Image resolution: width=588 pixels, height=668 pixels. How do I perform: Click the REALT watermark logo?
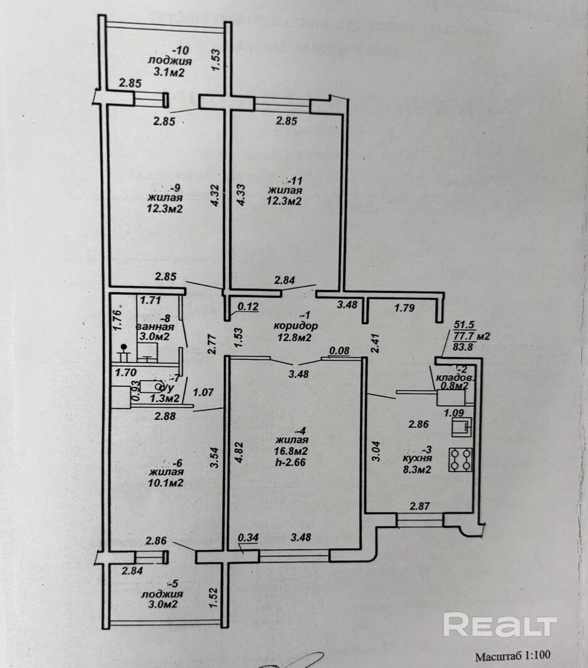[500, 625]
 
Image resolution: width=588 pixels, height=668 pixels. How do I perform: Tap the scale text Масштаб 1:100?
[512, 656]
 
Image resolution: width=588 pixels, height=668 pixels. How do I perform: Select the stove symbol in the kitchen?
[460, 460]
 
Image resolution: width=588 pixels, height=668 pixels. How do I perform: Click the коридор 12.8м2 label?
[296, 332]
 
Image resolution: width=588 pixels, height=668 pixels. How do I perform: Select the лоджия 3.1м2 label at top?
[170, 66]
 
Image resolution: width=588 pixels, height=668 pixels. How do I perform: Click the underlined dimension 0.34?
[248, 538]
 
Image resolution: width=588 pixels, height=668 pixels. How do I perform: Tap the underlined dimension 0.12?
[248, 307]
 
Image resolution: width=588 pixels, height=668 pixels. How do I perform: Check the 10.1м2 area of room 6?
[165, 484]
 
